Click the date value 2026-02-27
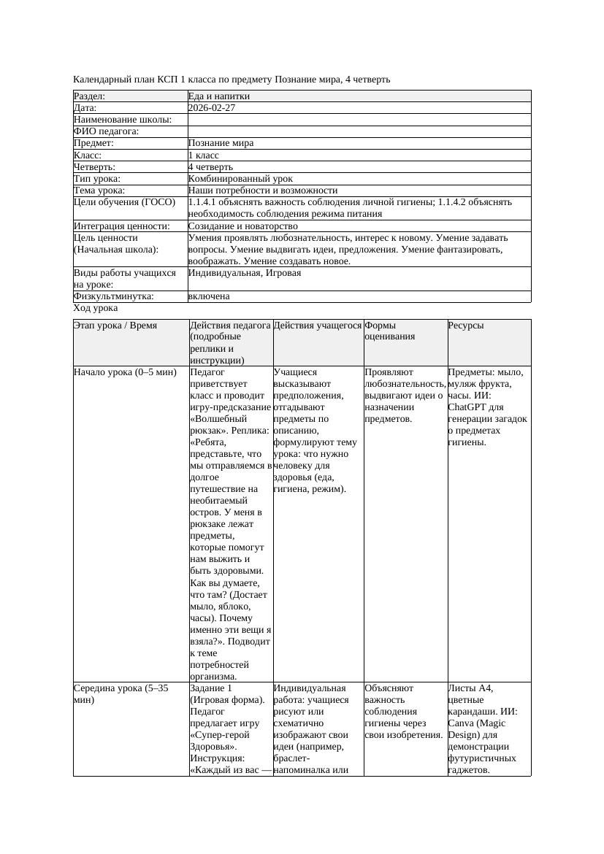[212, 108]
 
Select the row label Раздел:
[90, 96]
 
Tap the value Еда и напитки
[219, 96]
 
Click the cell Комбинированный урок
[240, 179]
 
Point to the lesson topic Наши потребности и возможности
[263, 191]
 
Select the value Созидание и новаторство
[242, 226]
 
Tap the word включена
[209, 296]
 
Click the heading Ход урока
[96, 308]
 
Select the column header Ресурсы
[466, 326]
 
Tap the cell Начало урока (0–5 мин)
[125, 372]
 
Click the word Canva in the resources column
[462, 723]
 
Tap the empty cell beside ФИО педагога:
[358, 132]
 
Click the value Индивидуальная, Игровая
[245, 273]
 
